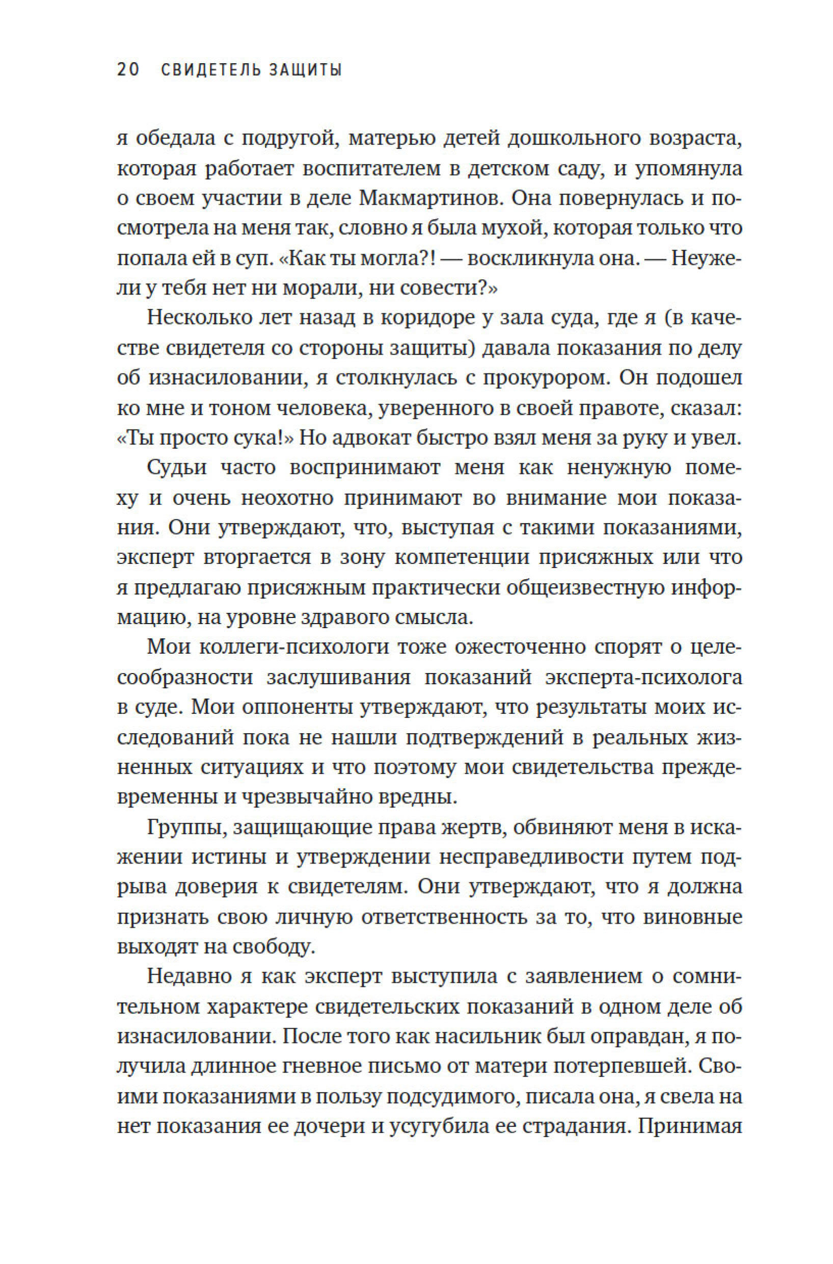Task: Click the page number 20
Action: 128,70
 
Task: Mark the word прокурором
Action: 543,379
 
